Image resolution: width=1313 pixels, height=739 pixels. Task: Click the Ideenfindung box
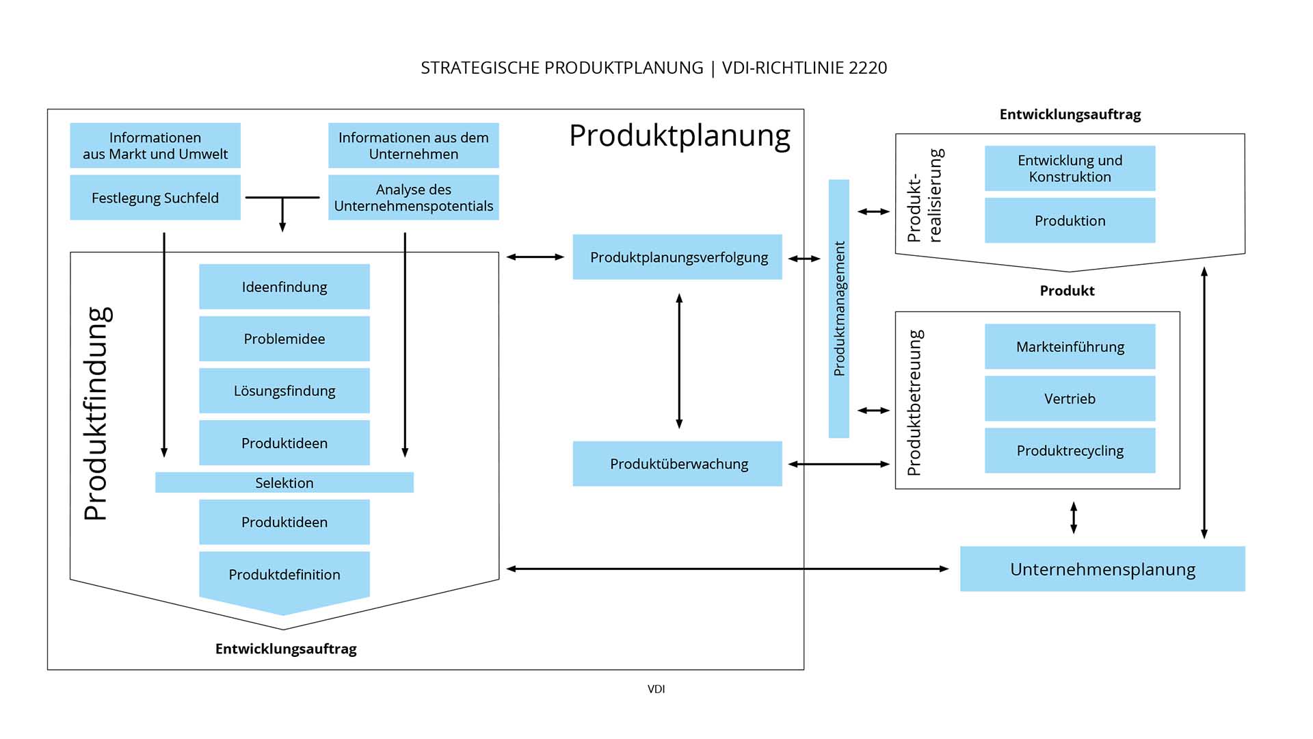point(284,287)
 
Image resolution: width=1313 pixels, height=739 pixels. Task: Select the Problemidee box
point(284,339)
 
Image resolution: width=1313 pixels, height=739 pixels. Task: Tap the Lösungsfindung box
point(284,391)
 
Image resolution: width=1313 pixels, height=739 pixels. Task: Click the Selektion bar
point(284,482)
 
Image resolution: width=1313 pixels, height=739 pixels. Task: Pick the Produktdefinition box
point(284,575)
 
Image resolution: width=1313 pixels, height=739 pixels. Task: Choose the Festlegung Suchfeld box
point(155,198)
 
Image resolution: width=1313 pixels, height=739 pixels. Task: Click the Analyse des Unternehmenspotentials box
point(414,198)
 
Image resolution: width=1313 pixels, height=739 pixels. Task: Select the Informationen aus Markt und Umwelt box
point(155,146)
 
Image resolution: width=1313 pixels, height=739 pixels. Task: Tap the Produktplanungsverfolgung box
point(678,257)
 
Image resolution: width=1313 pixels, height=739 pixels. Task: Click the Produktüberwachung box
point(678,464)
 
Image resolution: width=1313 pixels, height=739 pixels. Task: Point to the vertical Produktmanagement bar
point(839,309)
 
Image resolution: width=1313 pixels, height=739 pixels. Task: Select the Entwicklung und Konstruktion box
point(1070,168)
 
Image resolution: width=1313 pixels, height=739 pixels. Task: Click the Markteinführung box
point(1070,347)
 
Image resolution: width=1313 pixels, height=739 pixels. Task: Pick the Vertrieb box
point(1070,398)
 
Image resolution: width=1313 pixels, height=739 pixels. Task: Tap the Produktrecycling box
point(1070,450)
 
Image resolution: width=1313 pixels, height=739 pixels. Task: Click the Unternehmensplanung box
point(1102,569)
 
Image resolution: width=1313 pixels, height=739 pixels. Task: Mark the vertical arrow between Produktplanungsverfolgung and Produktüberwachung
point(679,361)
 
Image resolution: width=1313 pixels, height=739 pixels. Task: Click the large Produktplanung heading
point(680,135)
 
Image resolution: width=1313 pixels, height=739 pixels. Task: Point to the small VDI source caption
point(656,689)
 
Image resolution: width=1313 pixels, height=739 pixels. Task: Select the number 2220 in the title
point(867,68)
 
